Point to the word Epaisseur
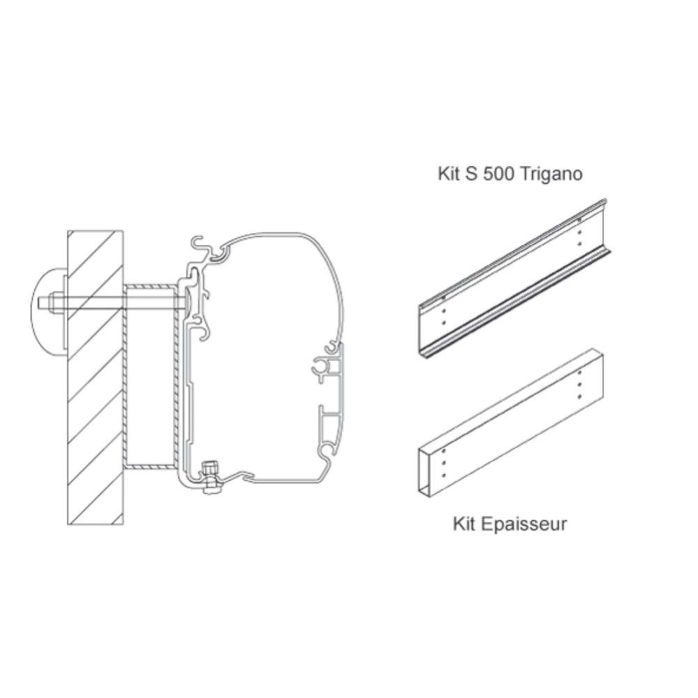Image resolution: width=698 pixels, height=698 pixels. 524,523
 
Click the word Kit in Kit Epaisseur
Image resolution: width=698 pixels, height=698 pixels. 465,523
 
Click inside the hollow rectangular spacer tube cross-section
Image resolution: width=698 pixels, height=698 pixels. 149,377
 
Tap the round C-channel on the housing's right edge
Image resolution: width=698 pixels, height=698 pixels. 322,366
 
